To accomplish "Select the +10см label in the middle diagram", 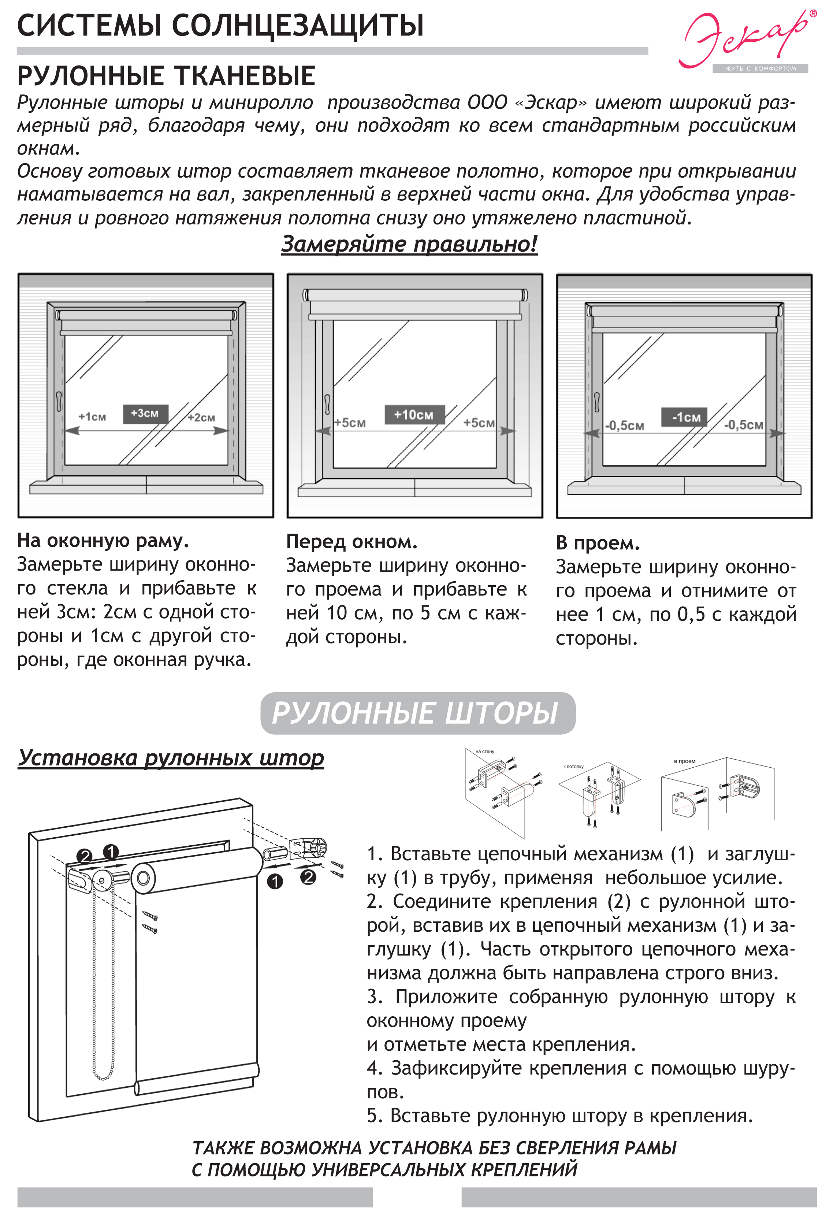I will [x=413, y=415].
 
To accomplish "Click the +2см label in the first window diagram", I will [x=201, y=418].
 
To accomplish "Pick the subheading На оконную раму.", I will [x=103, y=541].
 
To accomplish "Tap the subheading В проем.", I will [x=597, y=544].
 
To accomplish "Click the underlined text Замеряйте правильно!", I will [x=409, y=244].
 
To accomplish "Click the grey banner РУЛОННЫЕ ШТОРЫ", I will [x=417, y=713].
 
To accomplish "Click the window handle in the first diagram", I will [x=59, y=400].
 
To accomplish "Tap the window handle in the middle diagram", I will [x=327, y=404].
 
